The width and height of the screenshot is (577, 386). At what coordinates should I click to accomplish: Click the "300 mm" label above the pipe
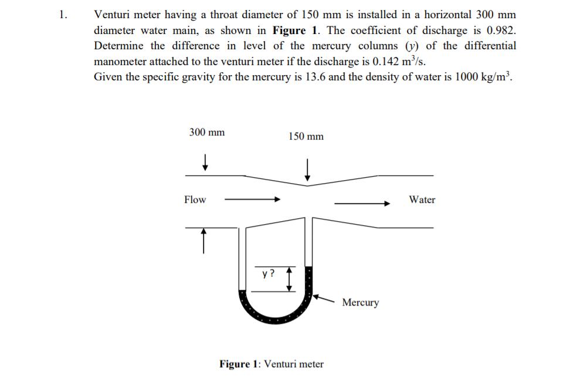(x=206, y=133)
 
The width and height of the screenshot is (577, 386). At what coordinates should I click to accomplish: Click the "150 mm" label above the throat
(x=306, y=137)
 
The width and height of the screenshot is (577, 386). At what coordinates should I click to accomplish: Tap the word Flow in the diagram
(x=195, y=199)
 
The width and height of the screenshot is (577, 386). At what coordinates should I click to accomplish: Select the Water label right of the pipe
(x=422, y=199)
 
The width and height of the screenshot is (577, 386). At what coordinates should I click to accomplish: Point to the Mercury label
(x=360, y=302)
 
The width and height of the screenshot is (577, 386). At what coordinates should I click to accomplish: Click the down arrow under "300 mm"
(x=205, y=161)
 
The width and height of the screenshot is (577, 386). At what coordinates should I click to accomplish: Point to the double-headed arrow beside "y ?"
(x=288, y=279)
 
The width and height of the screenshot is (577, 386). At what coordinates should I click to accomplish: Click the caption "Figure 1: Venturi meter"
(x=271, y=364)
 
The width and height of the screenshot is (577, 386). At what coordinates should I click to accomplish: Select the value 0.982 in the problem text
(x=503, y=31)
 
